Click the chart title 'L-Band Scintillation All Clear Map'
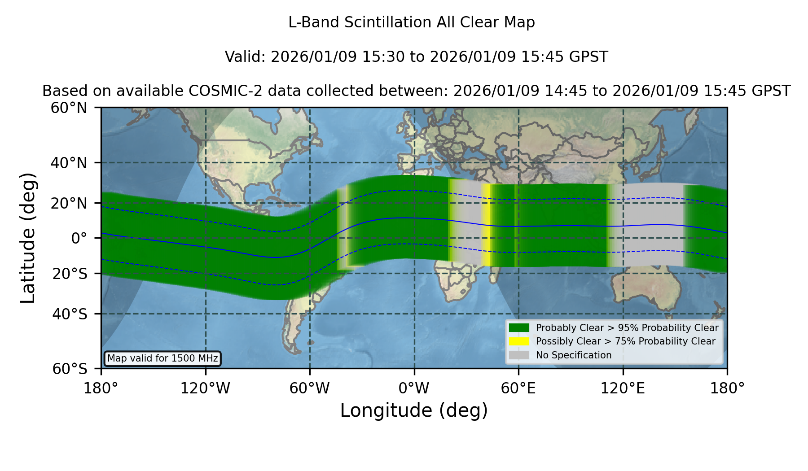coord(412,22)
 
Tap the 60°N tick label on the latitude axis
coord(69,108)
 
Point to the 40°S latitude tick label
coord(70,314)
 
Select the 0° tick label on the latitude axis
coord(79,238)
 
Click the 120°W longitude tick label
coord(205,388)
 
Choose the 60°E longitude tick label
coord(518,388)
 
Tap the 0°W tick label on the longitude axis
coord(414,388)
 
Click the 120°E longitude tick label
coord(623,388)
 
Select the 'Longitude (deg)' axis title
coord(414,410)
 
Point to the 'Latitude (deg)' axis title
coord(28,238)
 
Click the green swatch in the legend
coord(519,327)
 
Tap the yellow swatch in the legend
coord(519,341)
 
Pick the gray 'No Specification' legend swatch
coord(519,355)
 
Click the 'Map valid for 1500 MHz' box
coord(162,358)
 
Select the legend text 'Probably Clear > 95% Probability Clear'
coord(627,328)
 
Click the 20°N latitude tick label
coord(69,203)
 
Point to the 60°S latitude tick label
coord(70,369)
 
